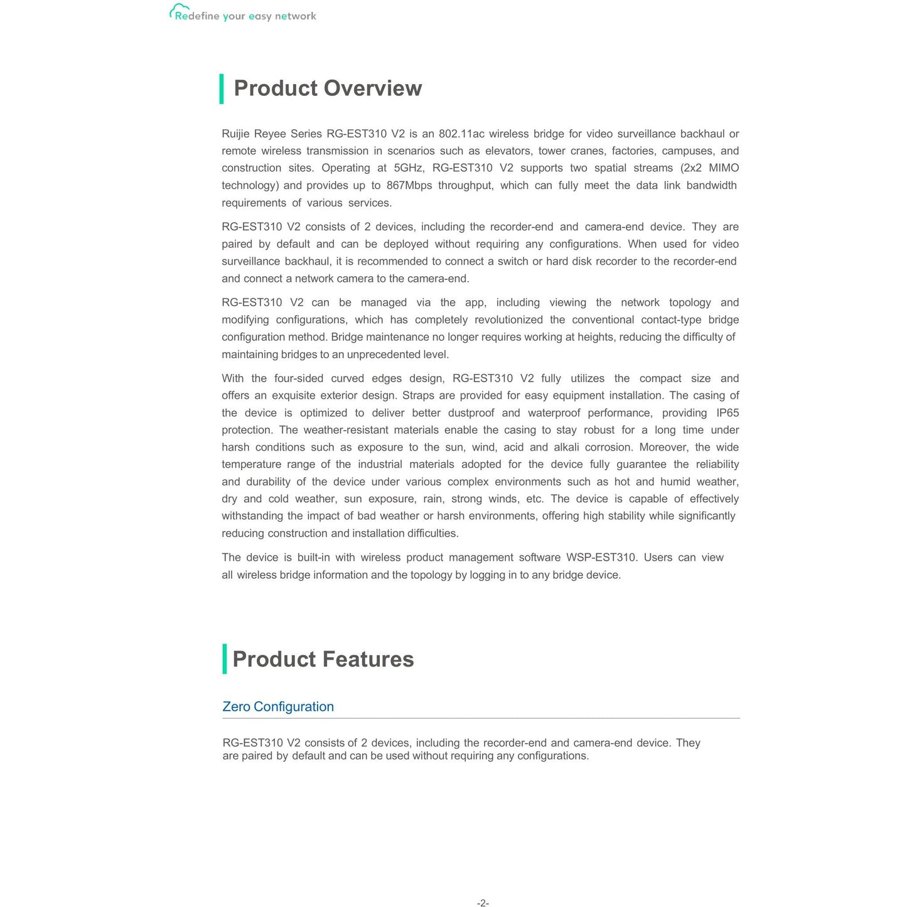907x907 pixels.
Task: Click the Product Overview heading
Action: coord(328,89)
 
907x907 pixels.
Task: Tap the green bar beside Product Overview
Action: coord(222,89)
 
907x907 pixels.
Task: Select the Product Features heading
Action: coord(323,659)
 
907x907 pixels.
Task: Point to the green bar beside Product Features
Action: coord(225,659)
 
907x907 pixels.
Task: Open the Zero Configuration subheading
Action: coord(278,707)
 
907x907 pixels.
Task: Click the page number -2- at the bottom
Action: coord(483,903)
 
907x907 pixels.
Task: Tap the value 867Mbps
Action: coord(409,185)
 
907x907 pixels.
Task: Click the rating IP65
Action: coord(727,413)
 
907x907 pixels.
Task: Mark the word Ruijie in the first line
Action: coord(236,134)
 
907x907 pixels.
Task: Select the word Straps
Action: coord(419,395)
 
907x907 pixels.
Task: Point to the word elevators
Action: coord(508,151)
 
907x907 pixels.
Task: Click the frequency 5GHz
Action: coord(409,168)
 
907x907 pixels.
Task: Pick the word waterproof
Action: coord(554,413)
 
